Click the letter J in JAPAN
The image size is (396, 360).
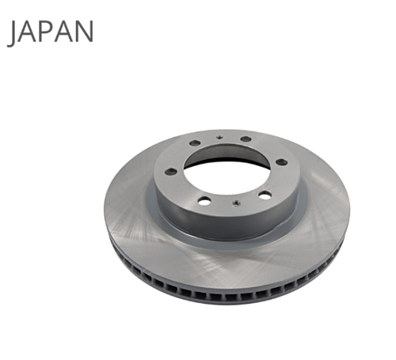12,33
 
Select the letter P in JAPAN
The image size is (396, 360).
46,32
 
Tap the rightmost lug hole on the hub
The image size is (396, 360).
281,162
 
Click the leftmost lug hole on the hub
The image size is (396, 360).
171,172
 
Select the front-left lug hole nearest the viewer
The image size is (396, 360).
204,202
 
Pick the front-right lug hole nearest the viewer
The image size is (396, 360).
265,195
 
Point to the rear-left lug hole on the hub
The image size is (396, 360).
195,143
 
